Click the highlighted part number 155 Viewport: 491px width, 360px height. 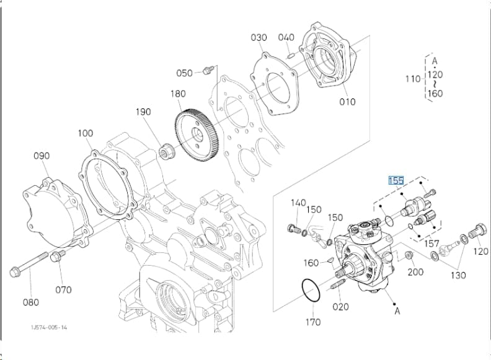396,181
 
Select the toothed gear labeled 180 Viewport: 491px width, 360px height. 196,134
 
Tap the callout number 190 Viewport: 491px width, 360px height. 143,112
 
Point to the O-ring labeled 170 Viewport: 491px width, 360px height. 311,291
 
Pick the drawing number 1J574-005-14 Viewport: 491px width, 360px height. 49,327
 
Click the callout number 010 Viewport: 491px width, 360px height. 347,102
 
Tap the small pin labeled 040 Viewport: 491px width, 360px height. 290,55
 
